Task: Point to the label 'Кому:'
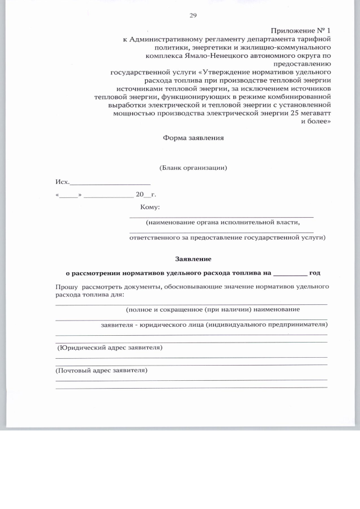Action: tap(150, 208)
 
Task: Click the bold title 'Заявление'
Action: tap(193, 259)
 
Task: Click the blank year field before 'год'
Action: tap(290, 273)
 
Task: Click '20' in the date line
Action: tap(140, 195)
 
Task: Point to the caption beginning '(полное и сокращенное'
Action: tap(213, 309)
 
